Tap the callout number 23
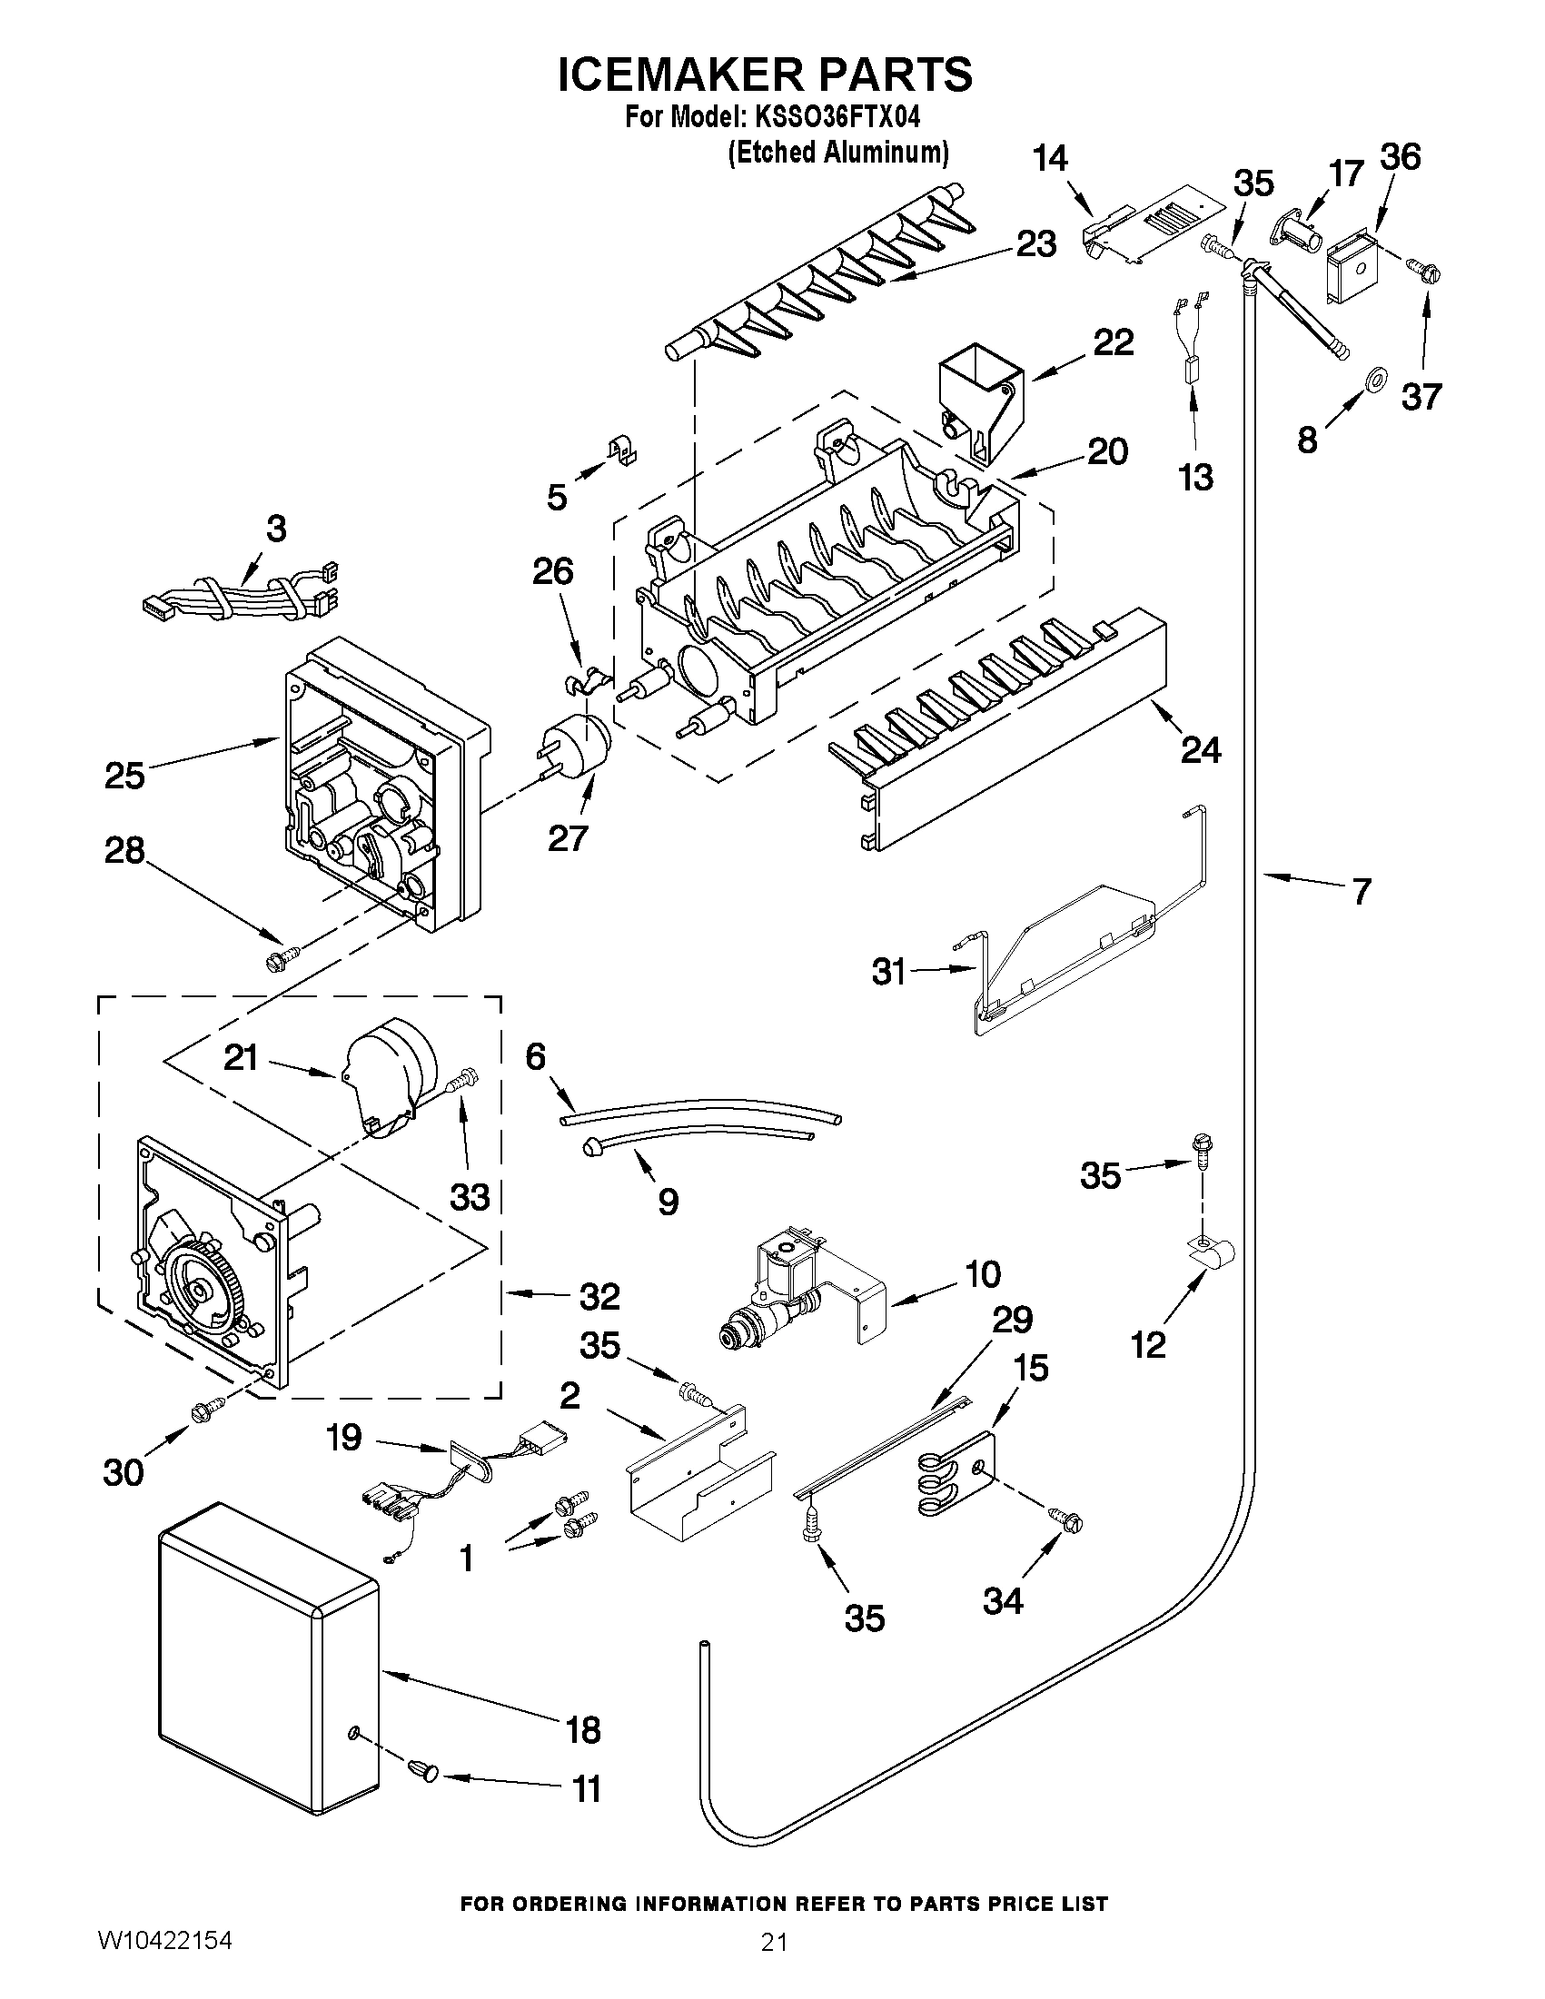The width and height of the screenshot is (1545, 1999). click(1036, 244)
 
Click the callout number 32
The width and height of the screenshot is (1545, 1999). click(599, 1295)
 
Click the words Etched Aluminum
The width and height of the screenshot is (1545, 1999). click(837, 152)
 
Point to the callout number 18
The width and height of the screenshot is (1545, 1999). click(582, 1729)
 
